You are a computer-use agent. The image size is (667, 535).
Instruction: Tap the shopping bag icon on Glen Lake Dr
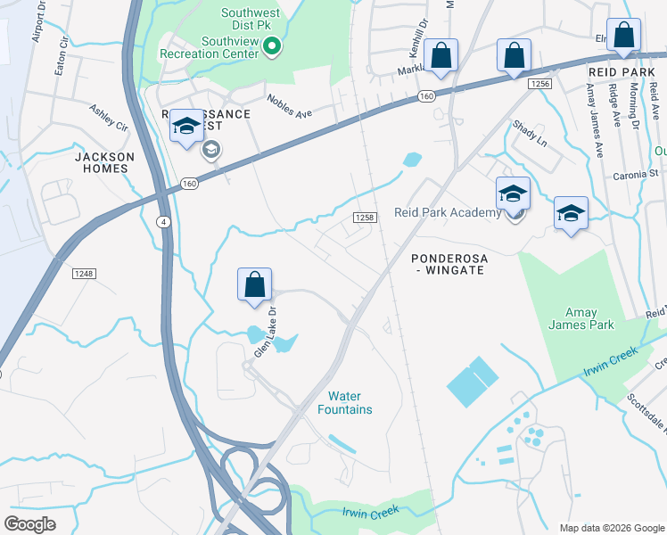[254, 285]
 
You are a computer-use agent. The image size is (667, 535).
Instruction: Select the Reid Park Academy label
[448, 212]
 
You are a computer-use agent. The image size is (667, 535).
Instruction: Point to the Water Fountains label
[344, 402]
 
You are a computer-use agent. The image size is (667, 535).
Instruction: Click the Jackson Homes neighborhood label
[104, 162]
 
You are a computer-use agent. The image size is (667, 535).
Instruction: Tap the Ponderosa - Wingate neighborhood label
[448, 263]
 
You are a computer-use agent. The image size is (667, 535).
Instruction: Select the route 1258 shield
[362, 218]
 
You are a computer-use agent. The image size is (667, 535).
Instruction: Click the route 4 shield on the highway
[163, 220]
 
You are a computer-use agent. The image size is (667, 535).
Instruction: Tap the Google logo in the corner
[30, 523]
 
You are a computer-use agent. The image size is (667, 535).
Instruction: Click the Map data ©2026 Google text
[611, 528]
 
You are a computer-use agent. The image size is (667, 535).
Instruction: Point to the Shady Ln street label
[529, 135]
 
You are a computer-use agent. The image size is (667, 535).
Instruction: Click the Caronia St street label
[635, 176]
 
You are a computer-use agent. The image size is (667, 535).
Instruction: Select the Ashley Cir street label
[108, 118]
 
